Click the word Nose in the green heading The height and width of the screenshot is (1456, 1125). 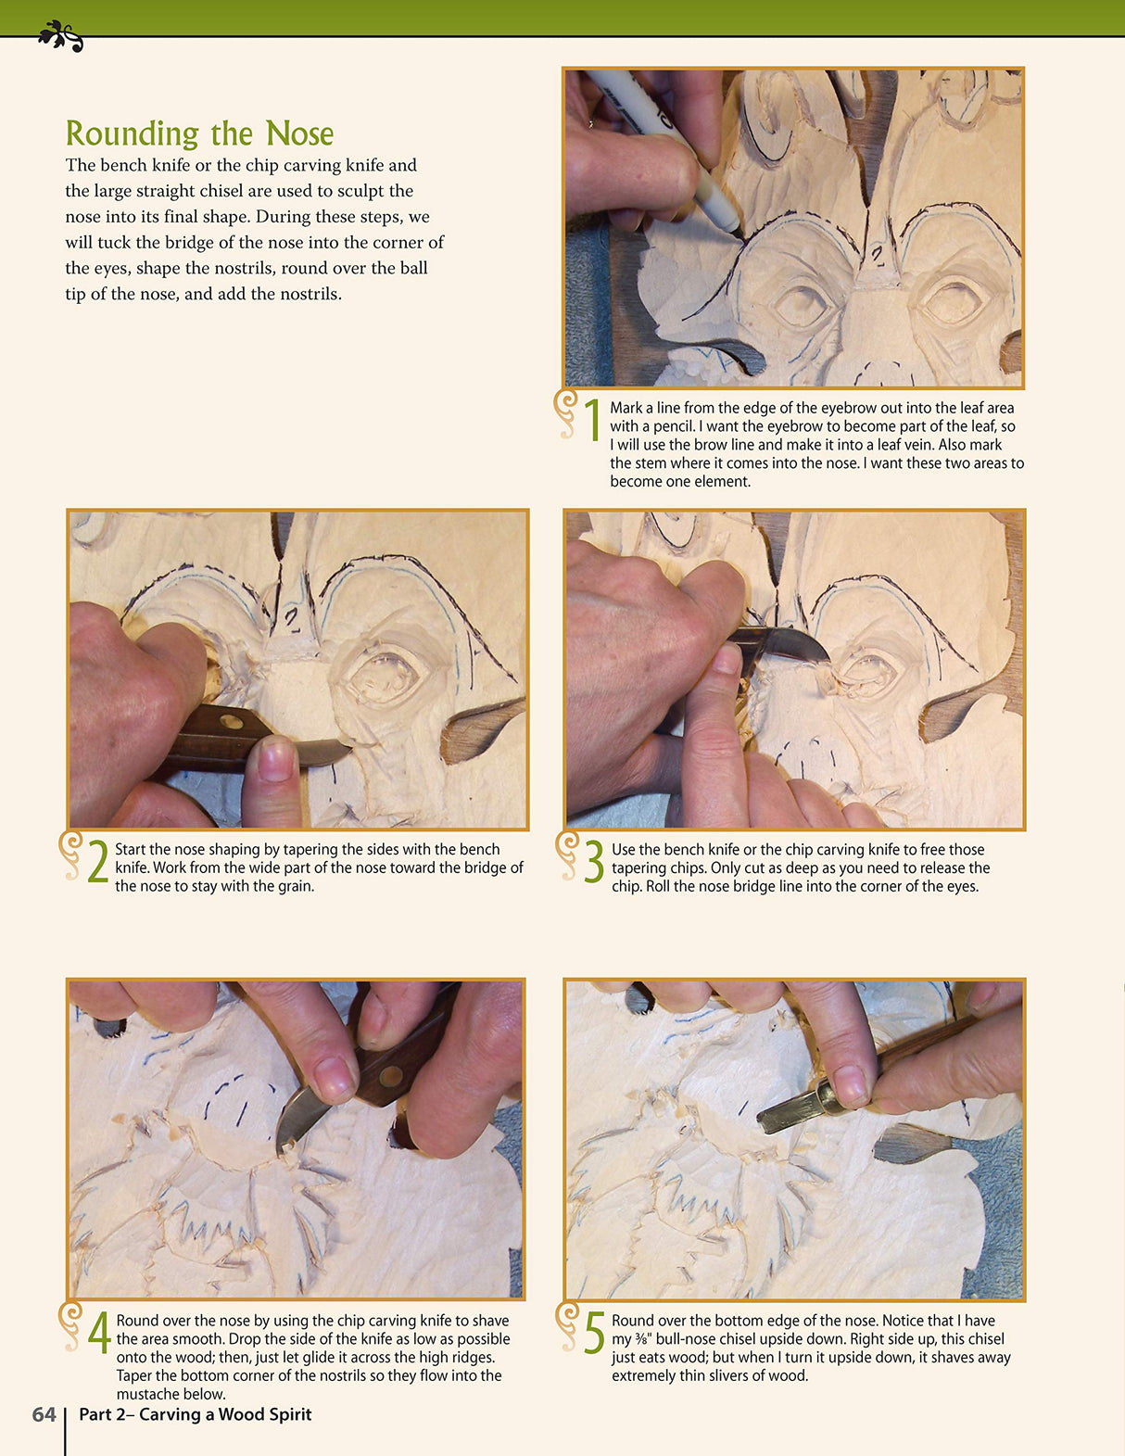[x=299, y=134]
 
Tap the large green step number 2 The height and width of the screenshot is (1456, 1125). [x=98, y=862]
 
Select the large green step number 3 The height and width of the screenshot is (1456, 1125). [x=594, y=862]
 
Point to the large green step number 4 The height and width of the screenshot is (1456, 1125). [x=99, y=1334]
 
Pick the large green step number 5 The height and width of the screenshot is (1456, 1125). [x=594, y=1334]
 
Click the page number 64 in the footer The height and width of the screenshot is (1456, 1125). [x=44, y=1414]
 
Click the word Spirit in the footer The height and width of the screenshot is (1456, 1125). [x=287, y=1414]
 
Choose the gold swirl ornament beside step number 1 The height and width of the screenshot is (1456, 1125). [x=564, y=413]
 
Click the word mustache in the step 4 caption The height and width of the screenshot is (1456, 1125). [x=146, y=1394]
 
